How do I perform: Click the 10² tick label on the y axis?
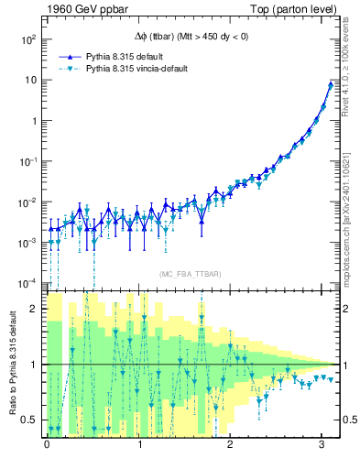click(x=27, y=40)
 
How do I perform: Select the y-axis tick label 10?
click(x=30, y=81)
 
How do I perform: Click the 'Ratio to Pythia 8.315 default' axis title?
click(x=12, y=363)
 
